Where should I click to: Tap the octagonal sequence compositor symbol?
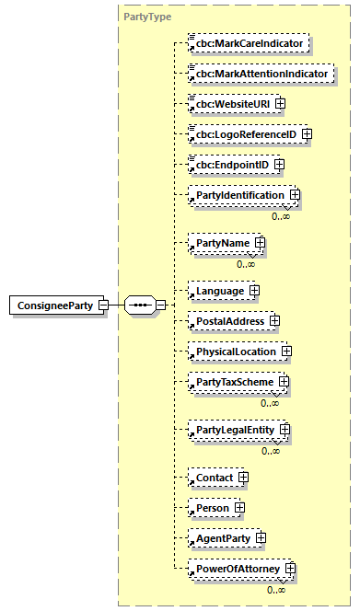click(x=139, y=305)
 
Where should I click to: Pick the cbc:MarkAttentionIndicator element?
click(x=261, y=73)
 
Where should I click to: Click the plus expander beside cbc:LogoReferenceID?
click(x=308, y=134)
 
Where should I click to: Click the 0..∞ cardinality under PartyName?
click(x=245, y=264)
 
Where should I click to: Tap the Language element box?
click(x=218, y=291)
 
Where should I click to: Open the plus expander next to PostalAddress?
click(x=274, y=321)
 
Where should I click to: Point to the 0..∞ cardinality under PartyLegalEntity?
click(x=270, y=451)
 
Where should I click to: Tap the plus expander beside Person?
click(x=239, y=507)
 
